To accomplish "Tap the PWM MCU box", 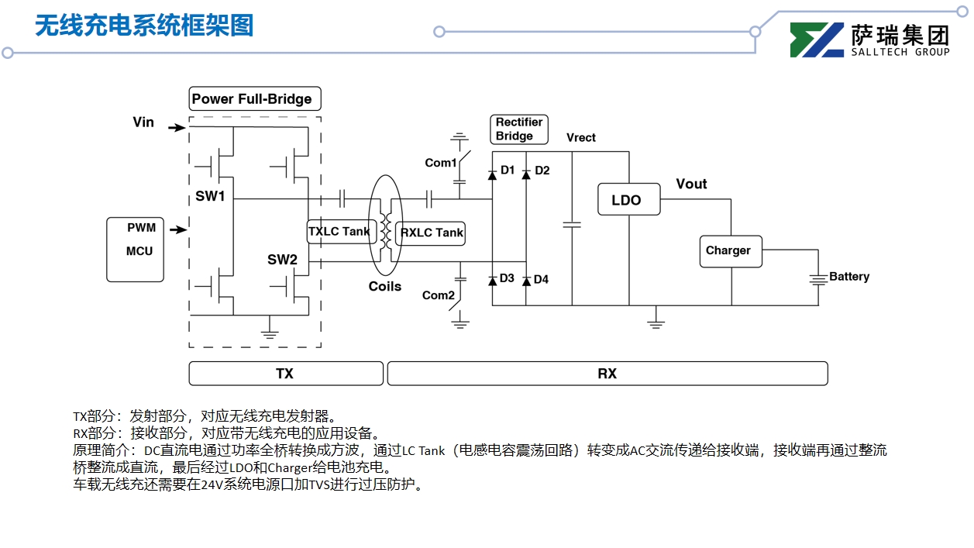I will (x=136, y=249).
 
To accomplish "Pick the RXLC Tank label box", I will (x=431, y=233).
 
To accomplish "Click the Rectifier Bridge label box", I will (x=519, y=129).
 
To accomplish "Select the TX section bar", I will (x=286, y=374).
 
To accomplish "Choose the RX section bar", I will (x=607, y=374).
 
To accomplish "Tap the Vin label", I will (x=143, y=122).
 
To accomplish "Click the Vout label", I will (x=691, y=184).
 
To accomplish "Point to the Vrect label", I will (x=581, y=138).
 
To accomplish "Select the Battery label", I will (x=849, y=277).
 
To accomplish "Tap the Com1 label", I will (x=440, y=163).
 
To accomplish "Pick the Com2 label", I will (x=438, y=295).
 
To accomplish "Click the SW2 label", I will (x=283, y=260).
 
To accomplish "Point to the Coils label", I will (x=385, y=287).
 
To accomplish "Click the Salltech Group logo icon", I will (x=817, y=40).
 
